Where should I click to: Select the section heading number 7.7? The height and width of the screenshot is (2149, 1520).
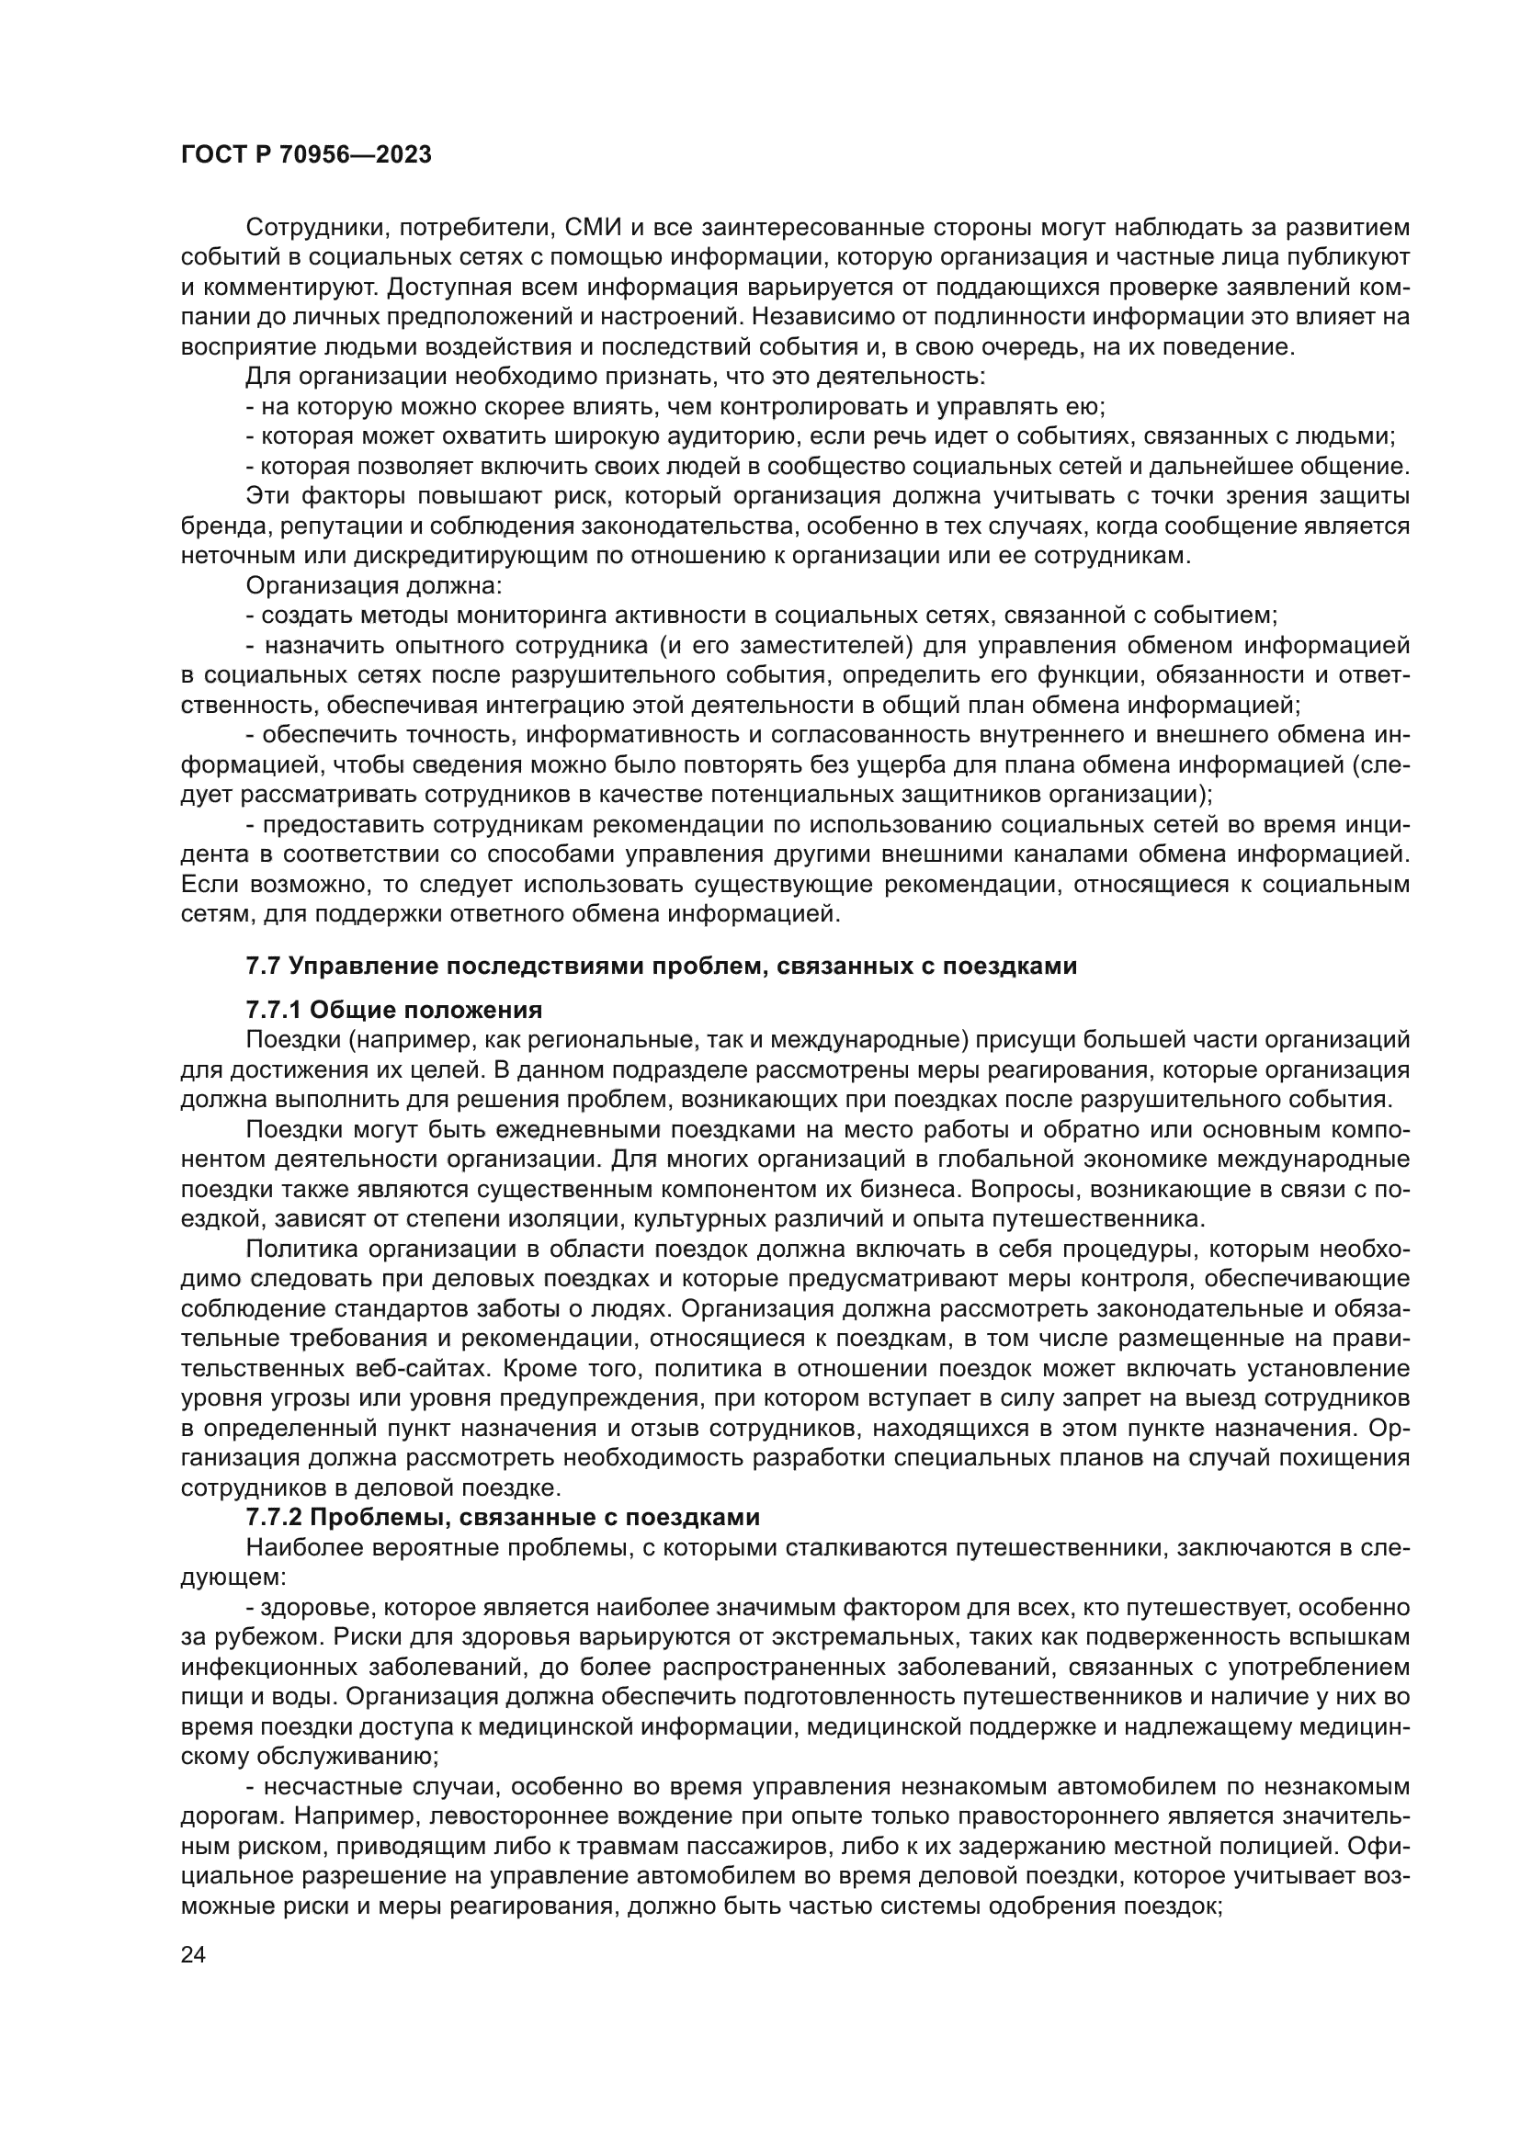point(262,966)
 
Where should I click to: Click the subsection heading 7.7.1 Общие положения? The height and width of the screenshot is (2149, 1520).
point(394,1010)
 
